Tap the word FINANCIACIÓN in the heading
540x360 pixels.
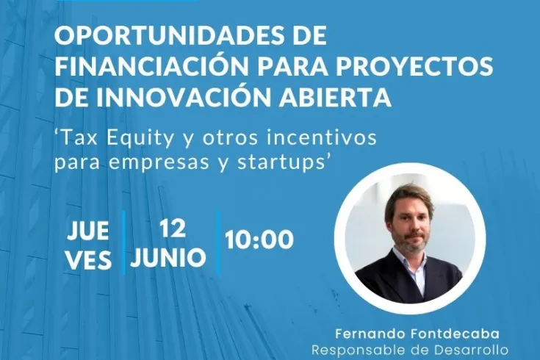coord(138,66)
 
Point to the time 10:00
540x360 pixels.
coord(259,240)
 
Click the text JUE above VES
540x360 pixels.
coord(89,231)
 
